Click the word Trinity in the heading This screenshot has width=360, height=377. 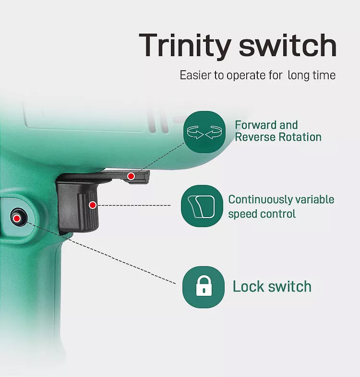(185, 46)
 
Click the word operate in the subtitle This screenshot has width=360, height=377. (246, 76)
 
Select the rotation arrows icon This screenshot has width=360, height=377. (204, 132)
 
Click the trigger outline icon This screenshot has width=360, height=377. (202, 206)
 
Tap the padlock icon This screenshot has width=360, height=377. (204, 287)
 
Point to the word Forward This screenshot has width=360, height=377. (256, 125)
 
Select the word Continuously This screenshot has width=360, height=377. (260, 200)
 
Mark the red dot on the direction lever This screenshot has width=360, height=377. (131, 176)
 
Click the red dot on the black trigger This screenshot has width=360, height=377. (93, 205)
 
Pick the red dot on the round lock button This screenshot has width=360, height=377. (17, 219)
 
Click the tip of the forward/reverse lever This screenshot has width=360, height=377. (148, 177)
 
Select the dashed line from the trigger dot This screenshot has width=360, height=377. (133, 206)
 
